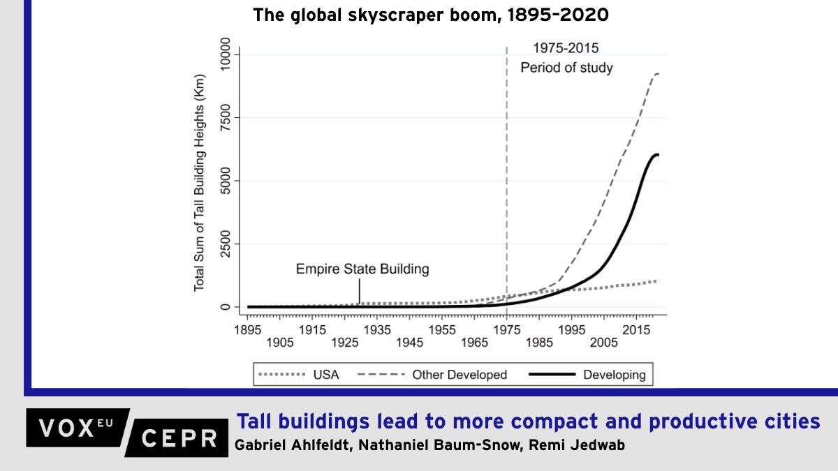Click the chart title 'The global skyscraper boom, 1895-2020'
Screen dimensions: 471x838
tap(430, 15)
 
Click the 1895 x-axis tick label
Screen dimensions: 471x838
tap(249, 329)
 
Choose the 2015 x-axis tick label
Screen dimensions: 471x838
tap(635, 329)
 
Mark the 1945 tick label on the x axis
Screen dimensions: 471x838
tap(410, 343)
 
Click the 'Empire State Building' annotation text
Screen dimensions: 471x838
tap(362, 269)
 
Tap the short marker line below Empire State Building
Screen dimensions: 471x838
tap(359, 290)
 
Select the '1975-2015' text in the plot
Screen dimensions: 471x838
tap(566, 48)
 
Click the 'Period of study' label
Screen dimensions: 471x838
tap(566, 68)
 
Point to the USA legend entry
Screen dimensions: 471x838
tap(299, 375)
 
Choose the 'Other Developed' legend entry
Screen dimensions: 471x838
tap(432, 375)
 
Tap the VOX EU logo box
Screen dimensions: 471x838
tap(77, 428)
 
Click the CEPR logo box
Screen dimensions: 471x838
tap(180, 438)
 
